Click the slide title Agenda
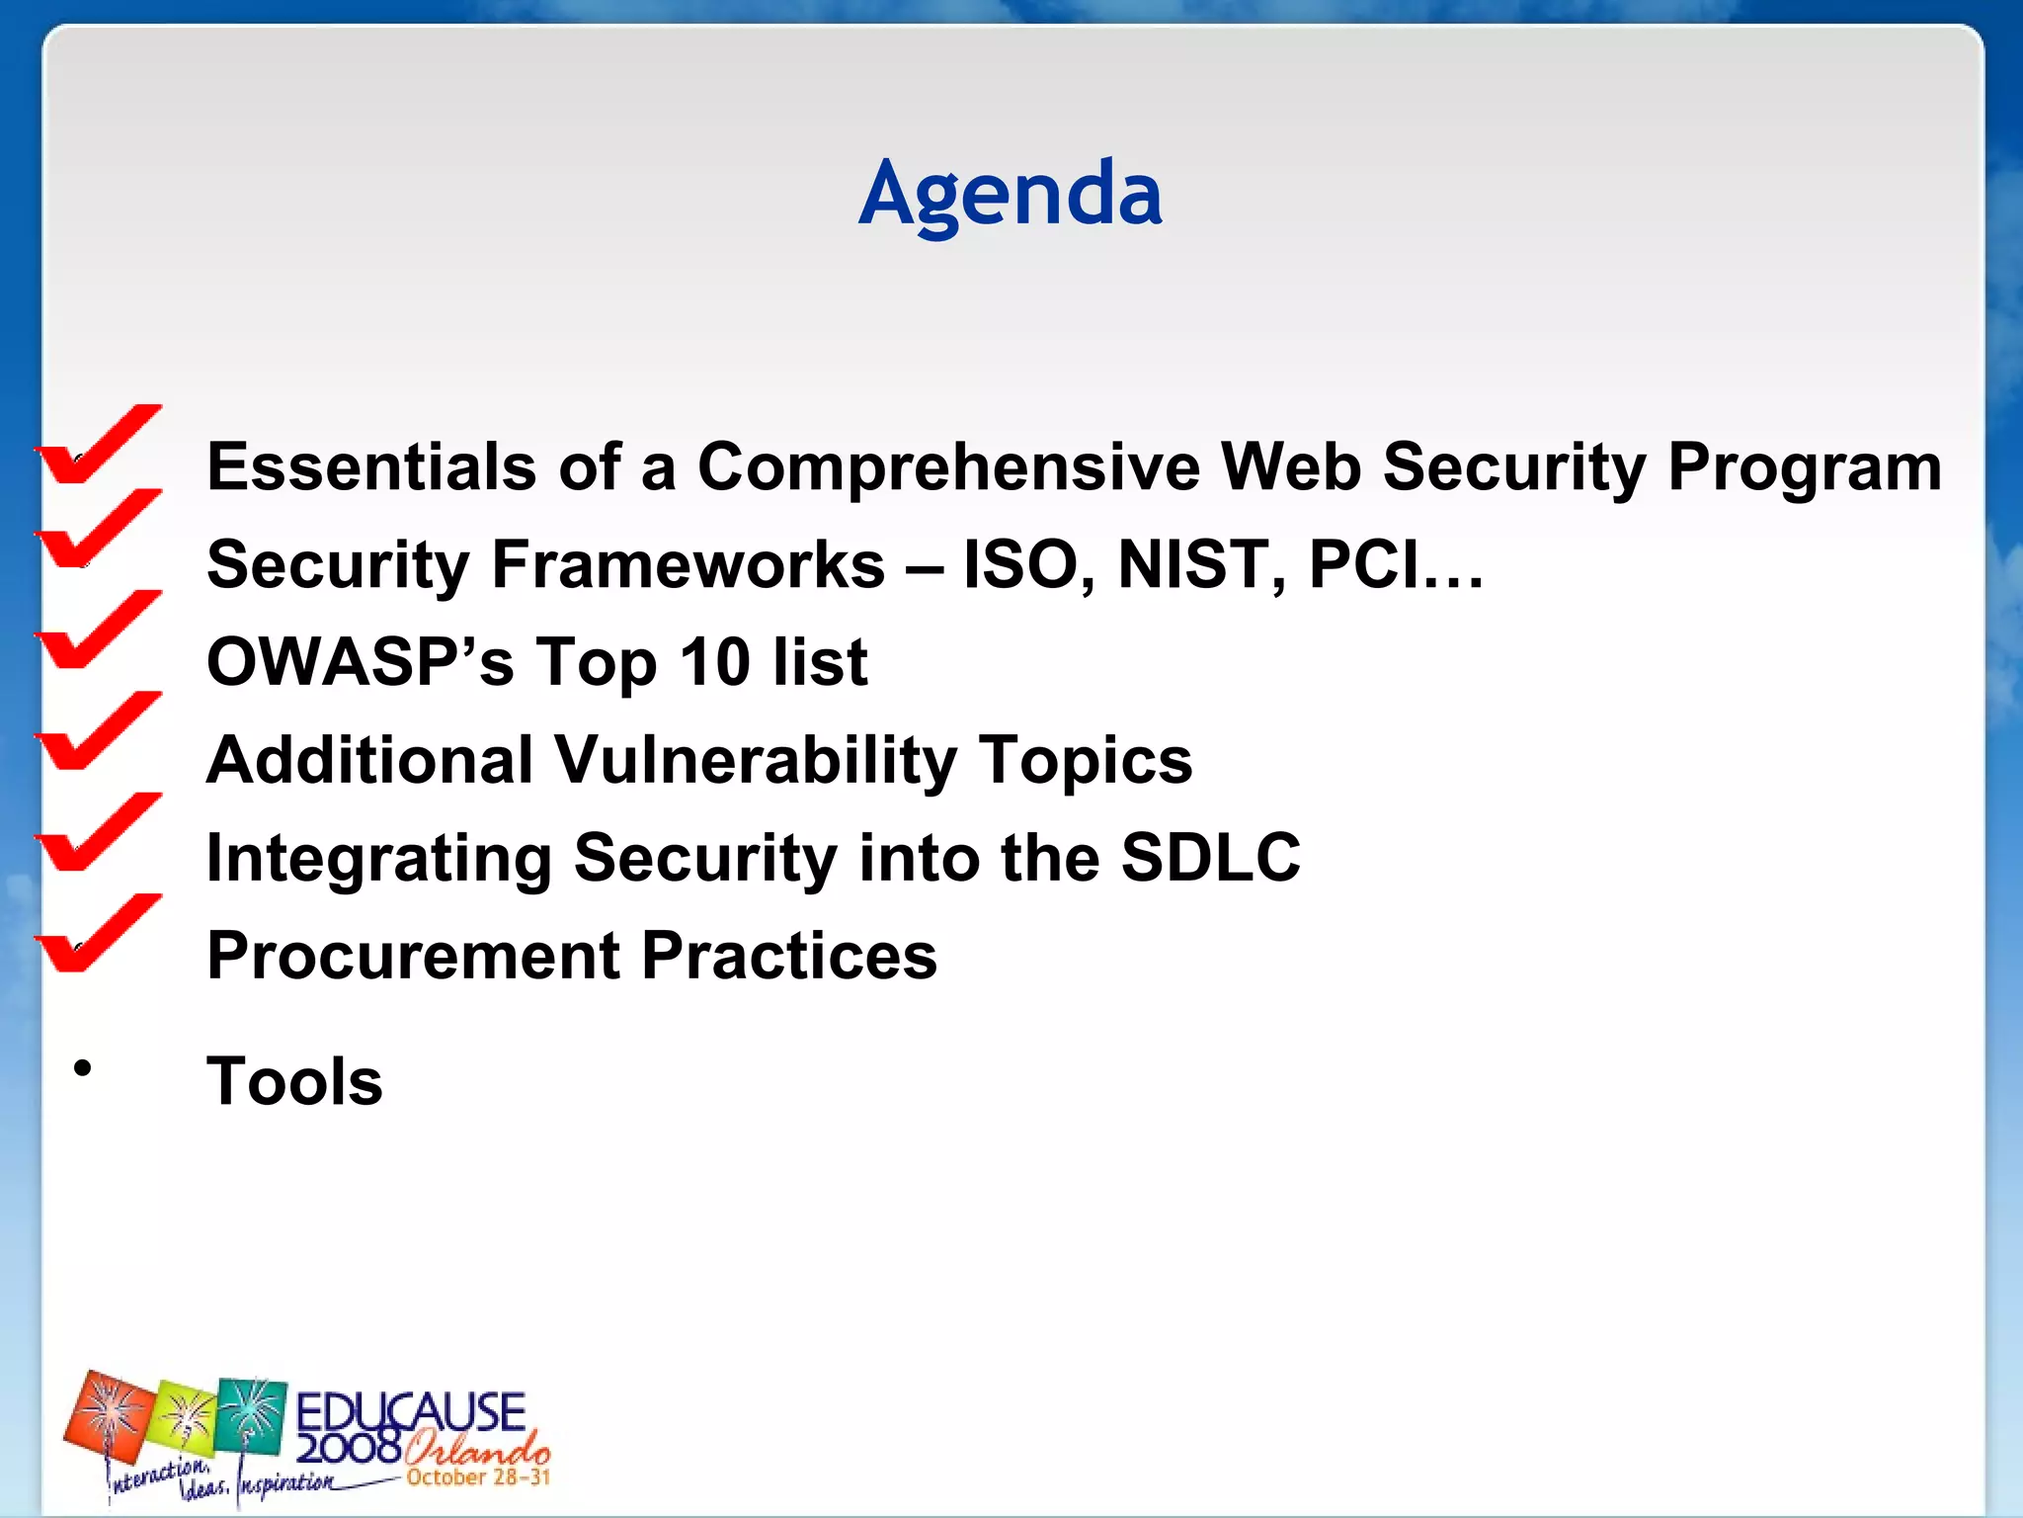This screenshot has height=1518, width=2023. pos(1010,194)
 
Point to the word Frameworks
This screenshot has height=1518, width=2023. pos(688,564)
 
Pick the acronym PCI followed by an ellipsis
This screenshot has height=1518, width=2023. pos(1393,564)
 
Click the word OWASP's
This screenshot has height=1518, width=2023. pos(360,661)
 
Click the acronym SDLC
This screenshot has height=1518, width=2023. pos(1210,857)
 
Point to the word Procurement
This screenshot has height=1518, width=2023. pos(413,956)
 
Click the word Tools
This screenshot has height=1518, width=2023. pos(294,1081)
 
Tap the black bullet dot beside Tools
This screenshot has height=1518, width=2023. pos(83,1068)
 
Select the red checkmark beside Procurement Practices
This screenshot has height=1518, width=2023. pos(97,935)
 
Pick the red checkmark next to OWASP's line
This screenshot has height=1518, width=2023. pos(97,632)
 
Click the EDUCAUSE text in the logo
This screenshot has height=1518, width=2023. pos(410,1411)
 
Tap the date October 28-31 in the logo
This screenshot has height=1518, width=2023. pos(477,1477)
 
